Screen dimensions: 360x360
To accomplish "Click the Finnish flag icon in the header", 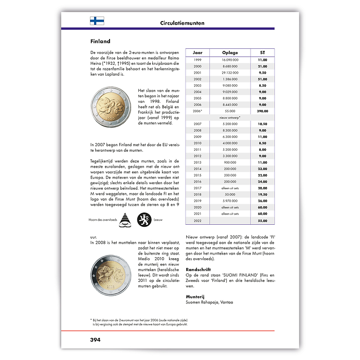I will click(x=97, y=21).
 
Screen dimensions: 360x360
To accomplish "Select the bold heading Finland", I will click(x=100, y=41).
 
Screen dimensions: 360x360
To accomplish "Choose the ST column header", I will click(x=262, y=53).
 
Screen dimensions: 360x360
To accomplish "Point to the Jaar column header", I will click(x=197, y=53).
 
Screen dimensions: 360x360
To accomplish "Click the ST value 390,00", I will click(x=262, y=111).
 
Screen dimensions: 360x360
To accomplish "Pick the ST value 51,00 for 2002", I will click(x=262, y=79).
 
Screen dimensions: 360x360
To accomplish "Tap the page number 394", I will click(x=93, y=339).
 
